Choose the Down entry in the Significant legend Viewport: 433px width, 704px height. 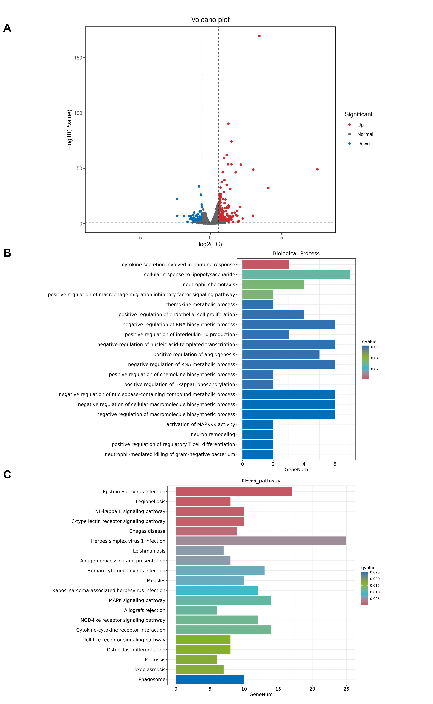point(363,144)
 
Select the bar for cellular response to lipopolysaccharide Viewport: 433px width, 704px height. point(296,274)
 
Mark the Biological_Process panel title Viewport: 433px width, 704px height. point(296,254)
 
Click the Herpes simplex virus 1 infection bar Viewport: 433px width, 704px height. point(261,541)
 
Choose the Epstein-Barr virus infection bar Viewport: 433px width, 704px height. point(234,491)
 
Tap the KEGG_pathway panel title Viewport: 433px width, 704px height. point(261,481)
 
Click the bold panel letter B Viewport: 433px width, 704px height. point(7,253)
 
